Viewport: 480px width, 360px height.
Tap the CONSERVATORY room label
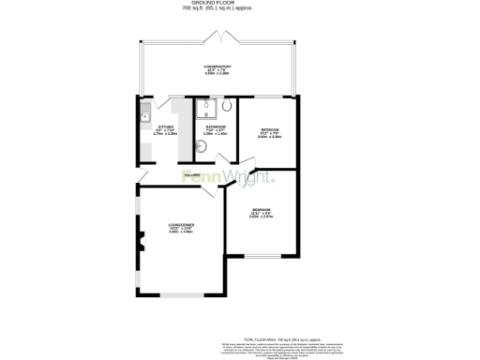[x=217, y=67]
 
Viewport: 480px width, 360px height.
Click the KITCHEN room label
[x=165, y=128]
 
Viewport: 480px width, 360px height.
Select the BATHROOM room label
[x=217, y=128]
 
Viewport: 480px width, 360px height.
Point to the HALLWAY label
[x=193, y=173]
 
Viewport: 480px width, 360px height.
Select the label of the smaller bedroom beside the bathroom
[x=269, y=131]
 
